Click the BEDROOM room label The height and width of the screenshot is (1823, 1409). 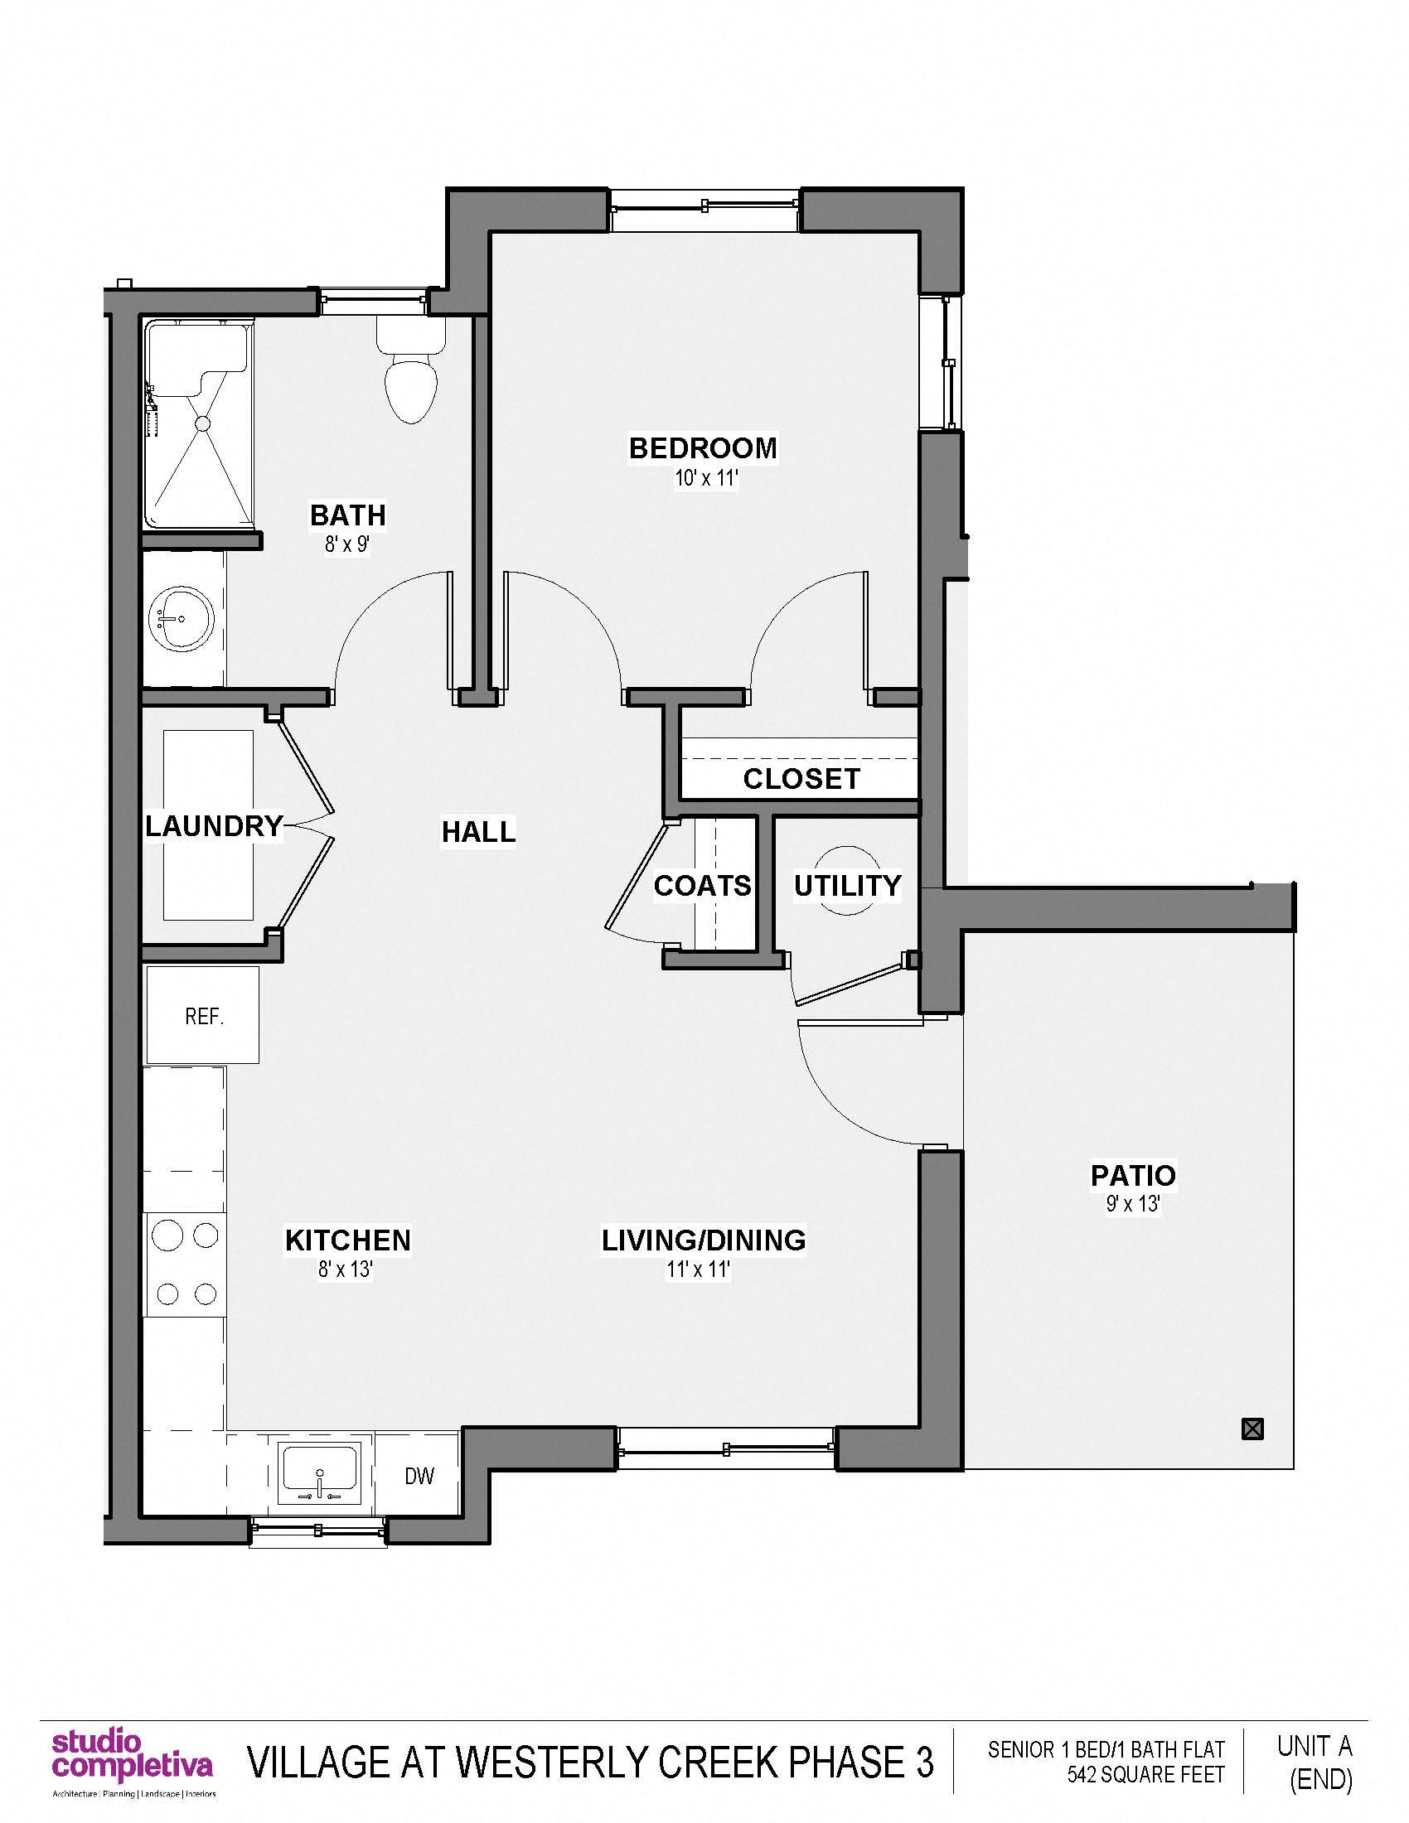pos(703,448)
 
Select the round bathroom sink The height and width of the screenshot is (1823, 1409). pos(181,619)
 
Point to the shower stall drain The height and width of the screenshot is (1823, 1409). pos(202,424)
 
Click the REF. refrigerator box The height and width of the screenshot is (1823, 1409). pos(204,1016)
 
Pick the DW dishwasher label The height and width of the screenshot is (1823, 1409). pos(419,1476)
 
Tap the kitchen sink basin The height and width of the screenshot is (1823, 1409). pos(320,1470)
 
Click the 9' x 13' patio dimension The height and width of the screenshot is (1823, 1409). pos(1133,1204)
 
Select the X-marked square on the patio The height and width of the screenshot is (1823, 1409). pos(1252,1429)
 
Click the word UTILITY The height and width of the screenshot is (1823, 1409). pos(847,886)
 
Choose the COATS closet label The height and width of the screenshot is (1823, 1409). pos(702,886)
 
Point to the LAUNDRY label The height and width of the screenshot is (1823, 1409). pos(214,826)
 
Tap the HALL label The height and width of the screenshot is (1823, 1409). pos(478,831)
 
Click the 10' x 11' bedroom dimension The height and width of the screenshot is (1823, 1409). pos(707,479)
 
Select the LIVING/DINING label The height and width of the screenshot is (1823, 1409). pos(704,1240)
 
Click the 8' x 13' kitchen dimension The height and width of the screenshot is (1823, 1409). pos(345,1269)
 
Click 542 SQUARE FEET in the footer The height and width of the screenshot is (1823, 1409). pos(1145,1775)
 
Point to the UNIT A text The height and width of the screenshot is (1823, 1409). pos(1314,1745)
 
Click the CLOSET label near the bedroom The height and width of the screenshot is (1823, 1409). pos(801,779)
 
